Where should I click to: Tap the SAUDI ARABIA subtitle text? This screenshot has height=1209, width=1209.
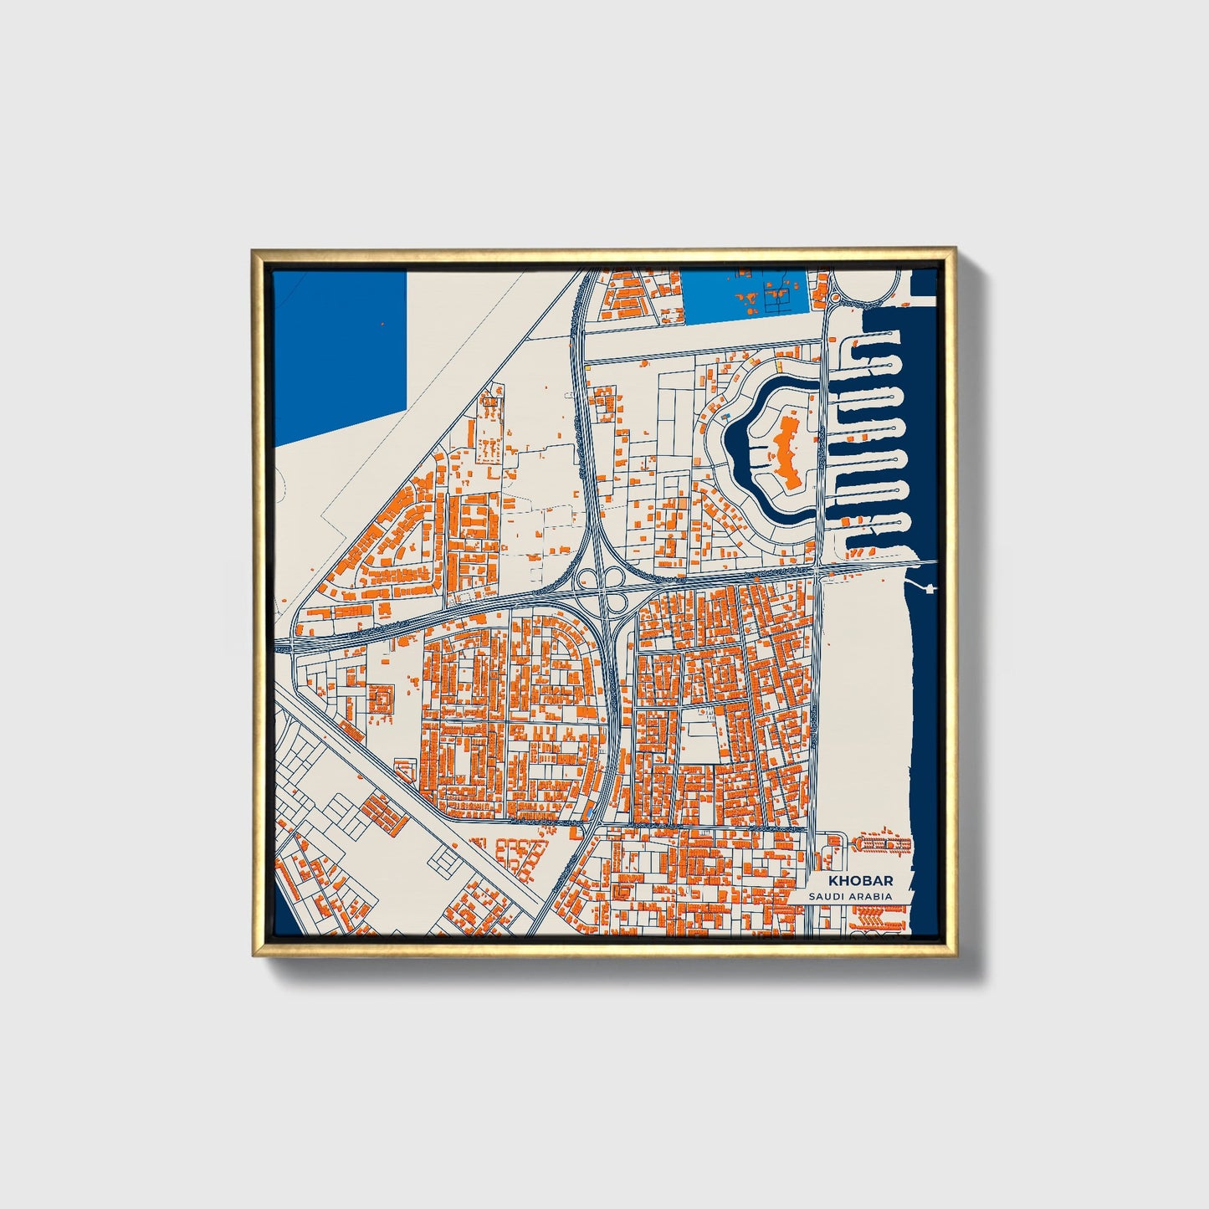click(x=850, y=897)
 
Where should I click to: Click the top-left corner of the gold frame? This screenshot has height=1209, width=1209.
click(x=254, y=249)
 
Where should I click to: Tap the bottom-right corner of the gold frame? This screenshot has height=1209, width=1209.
click(x=955, y=956)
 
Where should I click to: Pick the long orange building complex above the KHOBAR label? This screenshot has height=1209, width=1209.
click(x=884, y=844)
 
